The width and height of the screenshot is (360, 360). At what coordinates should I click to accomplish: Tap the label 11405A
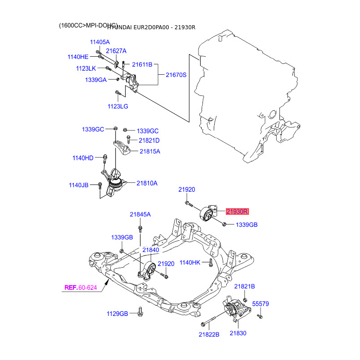(100, 42)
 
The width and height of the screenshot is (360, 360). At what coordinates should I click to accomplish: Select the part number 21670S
(176, 75)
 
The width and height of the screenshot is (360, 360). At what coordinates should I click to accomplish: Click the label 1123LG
(117, 107)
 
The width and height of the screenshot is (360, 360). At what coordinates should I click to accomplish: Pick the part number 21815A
(149, 151)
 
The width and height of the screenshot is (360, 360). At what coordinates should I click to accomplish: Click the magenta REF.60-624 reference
(81, 288)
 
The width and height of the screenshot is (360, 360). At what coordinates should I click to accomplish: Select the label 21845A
(140, 215)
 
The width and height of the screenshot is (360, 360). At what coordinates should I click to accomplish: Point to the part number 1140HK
(189, 262)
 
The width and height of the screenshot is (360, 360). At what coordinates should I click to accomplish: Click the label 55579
(260, 304)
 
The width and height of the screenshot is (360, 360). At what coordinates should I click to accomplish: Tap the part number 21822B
(209, 334)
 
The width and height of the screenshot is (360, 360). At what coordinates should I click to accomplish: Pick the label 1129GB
(117, 313)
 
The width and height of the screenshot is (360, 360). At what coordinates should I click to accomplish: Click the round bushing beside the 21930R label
(208, 214)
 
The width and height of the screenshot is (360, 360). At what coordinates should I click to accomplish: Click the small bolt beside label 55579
(259, 316)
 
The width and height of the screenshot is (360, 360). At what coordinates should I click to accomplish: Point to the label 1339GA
(95, 80)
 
